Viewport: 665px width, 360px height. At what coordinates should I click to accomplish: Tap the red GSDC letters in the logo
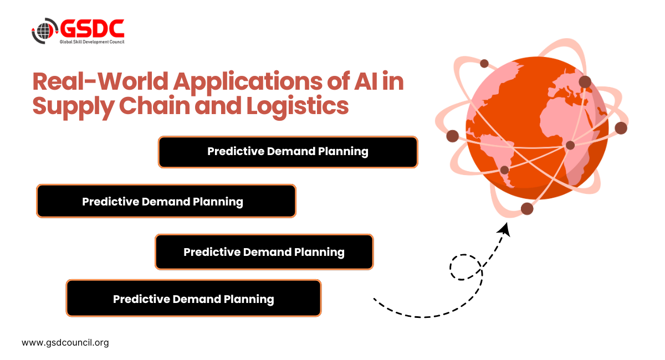click(x=91, y=28)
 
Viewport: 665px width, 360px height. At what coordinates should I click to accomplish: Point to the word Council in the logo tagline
click(x=114, y=42)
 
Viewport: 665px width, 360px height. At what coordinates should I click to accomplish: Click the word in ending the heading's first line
click(x=394, y=82)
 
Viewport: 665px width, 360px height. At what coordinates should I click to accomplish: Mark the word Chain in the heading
click(x=150, y=106)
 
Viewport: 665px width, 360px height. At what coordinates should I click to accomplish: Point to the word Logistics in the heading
click(x=300, y=107)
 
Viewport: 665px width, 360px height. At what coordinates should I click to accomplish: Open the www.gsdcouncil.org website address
click(x=65, y=342)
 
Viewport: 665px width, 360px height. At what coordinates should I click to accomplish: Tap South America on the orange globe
click(x=504, y=155)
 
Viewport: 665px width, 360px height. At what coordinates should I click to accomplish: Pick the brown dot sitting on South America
click(x=504, y=170)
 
